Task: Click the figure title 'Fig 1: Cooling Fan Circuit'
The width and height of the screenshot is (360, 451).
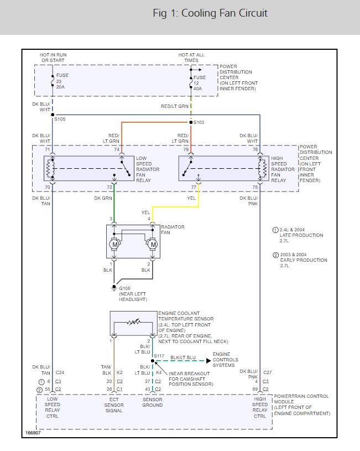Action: pyautogui.click(x=210, y=13)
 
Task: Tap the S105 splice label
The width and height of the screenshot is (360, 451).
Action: pyautogui.click(x=59, y=119)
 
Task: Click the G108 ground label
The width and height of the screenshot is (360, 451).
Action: pyautogui.click(x=125, y=288)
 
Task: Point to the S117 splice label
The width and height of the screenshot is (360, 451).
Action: pyautogui.click(x=159, y=356)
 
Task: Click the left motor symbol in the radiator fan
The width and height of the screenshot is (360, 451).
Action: pyautogui.click(x=115, y=244)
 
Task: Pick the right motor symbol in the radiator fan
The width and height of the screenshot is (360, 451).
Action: pyautogui.click(x=153, y=244)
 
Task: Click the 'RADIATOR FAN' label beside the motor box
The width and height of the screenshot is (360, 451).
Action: pyautogui.click(x=173, y=230)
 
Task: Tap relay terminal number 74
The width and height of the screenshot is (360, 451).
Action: pyautogui.click(x=117, y=149)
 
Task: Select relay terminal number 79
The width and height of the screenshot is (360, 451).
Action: pyautogui.click(x=186, y=149)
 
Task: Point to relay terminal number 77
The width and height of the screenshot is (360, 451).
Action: pyautogui.click(x=194, y=188)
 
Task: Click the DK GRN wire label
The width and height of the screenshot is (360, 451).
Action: pyautogui.click(x=103, y=198)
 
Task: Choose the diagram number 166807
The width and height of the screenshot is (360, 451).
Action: pyautogui.click(x=33, y=432)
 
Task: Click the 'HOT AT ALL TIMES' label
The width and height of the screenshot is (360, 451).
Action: pyautogui.click(x=191, y=58)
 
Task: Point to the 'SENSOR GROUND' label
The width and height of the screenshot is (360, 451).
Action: pyautogui.click(x=152, y=402)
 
